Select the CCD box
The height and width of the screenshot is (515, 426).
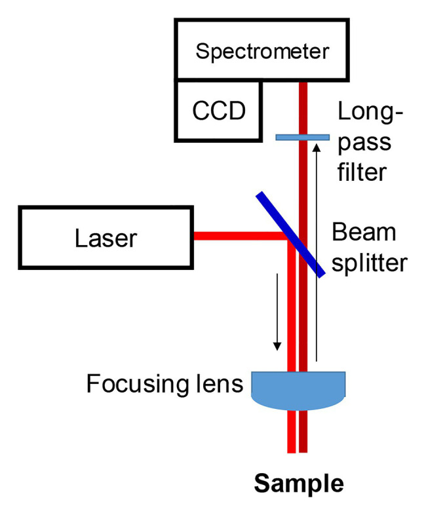pos(218,111)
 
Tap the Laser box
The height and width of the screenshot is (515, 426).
pos(107,237)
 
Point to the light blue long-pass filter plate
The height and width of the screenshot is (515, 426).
pos(302,137)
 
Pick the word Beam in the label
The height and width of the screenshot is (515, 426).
pos(364,233)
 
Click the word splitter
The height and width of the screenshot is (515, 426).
pos(370,263)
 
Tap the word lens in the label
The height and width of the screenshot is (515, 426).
pos(222,384)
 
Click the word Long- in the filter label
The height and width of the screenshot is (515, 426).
pos(371,112)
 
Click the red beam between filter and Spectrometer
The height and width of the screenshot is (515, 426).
pos(302,105)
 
